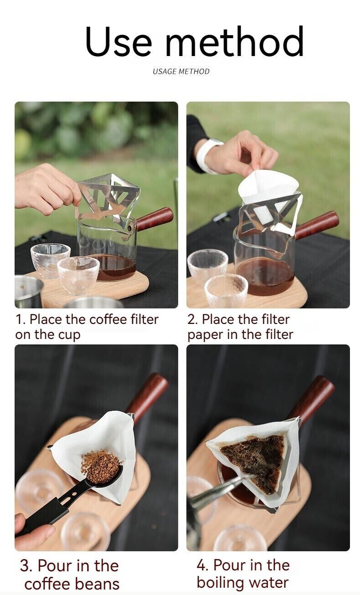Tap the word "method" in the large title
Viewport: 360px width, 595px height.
pos(234,42)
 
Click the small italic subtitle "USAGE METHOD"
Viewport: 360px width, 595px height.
pos(181,72)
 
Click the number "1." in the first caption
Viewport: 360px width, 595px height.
pos(21,319)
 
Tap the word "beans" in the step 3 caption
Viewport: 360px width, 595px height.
pos(97,584)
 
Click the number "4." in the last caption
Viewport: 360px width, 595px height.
pos(202,565)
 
